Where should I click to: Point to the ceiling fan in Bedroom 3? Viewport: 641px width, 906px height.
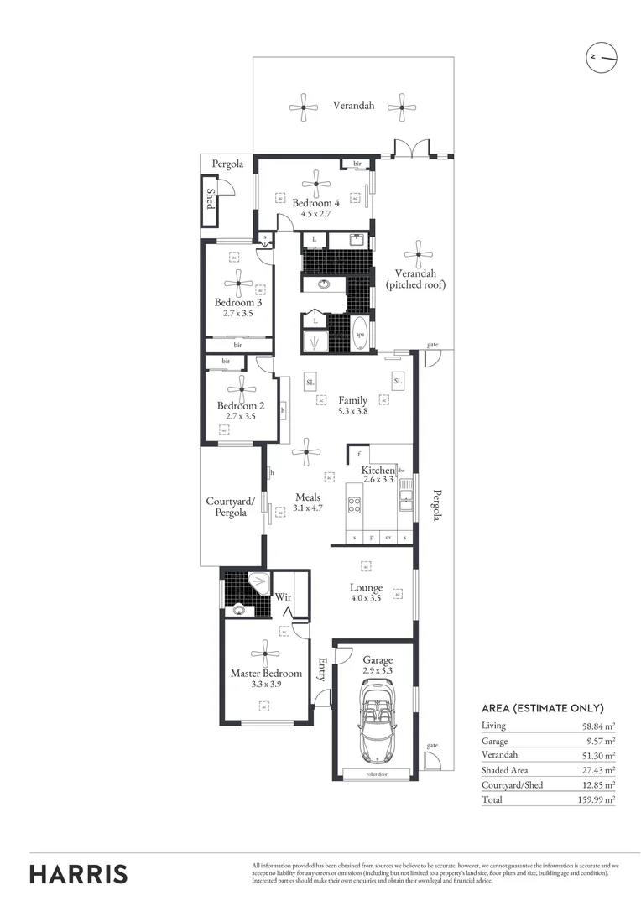[x=238, y=282]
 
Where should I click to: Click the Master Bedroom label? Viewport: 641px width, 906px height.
[x=266, y=673]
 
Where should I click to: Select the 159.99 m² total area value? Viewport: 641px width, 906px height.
[x=598, y=799]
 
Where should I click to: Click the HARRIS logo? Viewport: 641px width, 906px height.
[x=79, y=873]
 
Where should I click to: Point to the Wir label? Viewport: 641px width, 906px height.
[x=284, y=597]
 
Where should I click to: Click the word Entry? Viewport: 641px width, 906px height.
[x=321, y=669]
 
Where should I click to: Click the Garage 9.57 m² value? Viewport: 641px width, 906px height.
[x=601, y=741]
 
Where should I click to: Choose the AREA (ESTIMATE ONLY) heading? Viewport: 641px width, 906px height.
[x=542, y=707]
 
